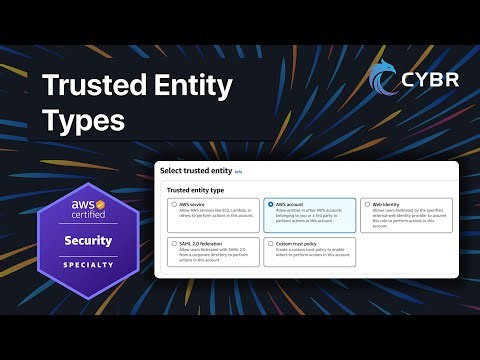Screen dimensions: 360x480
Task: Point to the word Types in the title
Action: point(83,122)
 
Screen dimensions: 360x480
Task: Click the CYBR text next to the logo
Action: point(430,79)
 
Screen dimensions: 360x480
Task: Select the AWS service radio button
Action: point(174,204)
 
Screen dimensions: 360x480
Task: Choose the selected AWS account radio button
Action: point(271,204)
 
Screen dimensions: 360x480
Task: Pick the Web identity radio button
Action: point(367,204)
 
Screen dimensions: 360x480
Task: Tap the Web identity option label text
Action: point(388,204)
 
